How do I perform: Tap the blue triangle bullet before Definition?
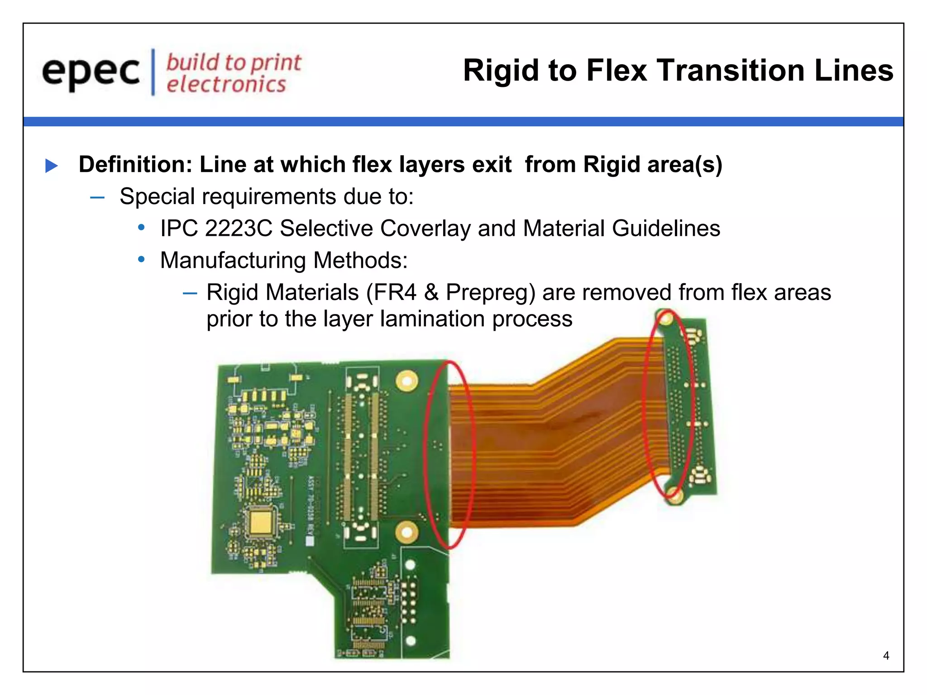[x=52, y=166]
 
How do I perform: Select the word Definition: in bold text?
[x=136, y=164]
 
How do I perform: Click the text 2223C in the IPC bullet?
[x=239, y=228]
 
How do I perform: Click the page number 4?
[x=886, y=656]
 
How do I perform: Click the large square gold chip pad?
[x=260, y=522]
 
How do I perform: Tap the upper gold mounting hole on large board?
[x=406, y=381]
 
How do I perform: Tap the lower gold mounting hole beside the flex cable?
[x=406, y=532]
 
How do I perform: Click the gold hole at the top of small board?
[x=666, y=320]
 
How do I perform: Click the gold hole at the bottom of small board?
[x=674, y=495]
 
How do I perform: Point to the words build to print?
[x=234, y=62]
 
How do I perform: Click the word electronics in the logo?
[x=226, y=85]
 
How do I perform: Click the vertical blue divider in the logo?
[x=153, y=72]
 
